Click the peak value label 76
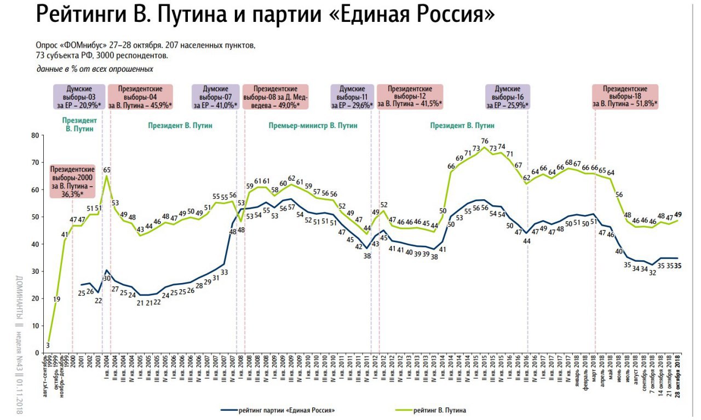(x=485, y=141)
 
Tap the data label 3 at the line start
(x=48, y=344)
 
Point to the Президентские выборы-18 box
(x=625, y=96)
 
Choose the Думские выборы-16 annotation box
(x=508, y=96)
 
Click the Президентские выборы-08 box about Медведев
(x=275, y=96)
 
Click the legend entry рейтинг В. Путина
(x=441, y=410)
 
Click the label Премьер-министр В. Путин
(x=313, y=125)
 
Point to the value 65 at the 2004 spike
(x=107, y=170)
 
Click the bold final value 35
(x=677, y=266)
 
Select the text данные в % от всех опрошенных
(x=95, y=69)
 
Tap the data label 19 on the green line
(x=57, y=299)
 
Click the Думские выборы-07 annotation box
(x=215, y=96)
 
